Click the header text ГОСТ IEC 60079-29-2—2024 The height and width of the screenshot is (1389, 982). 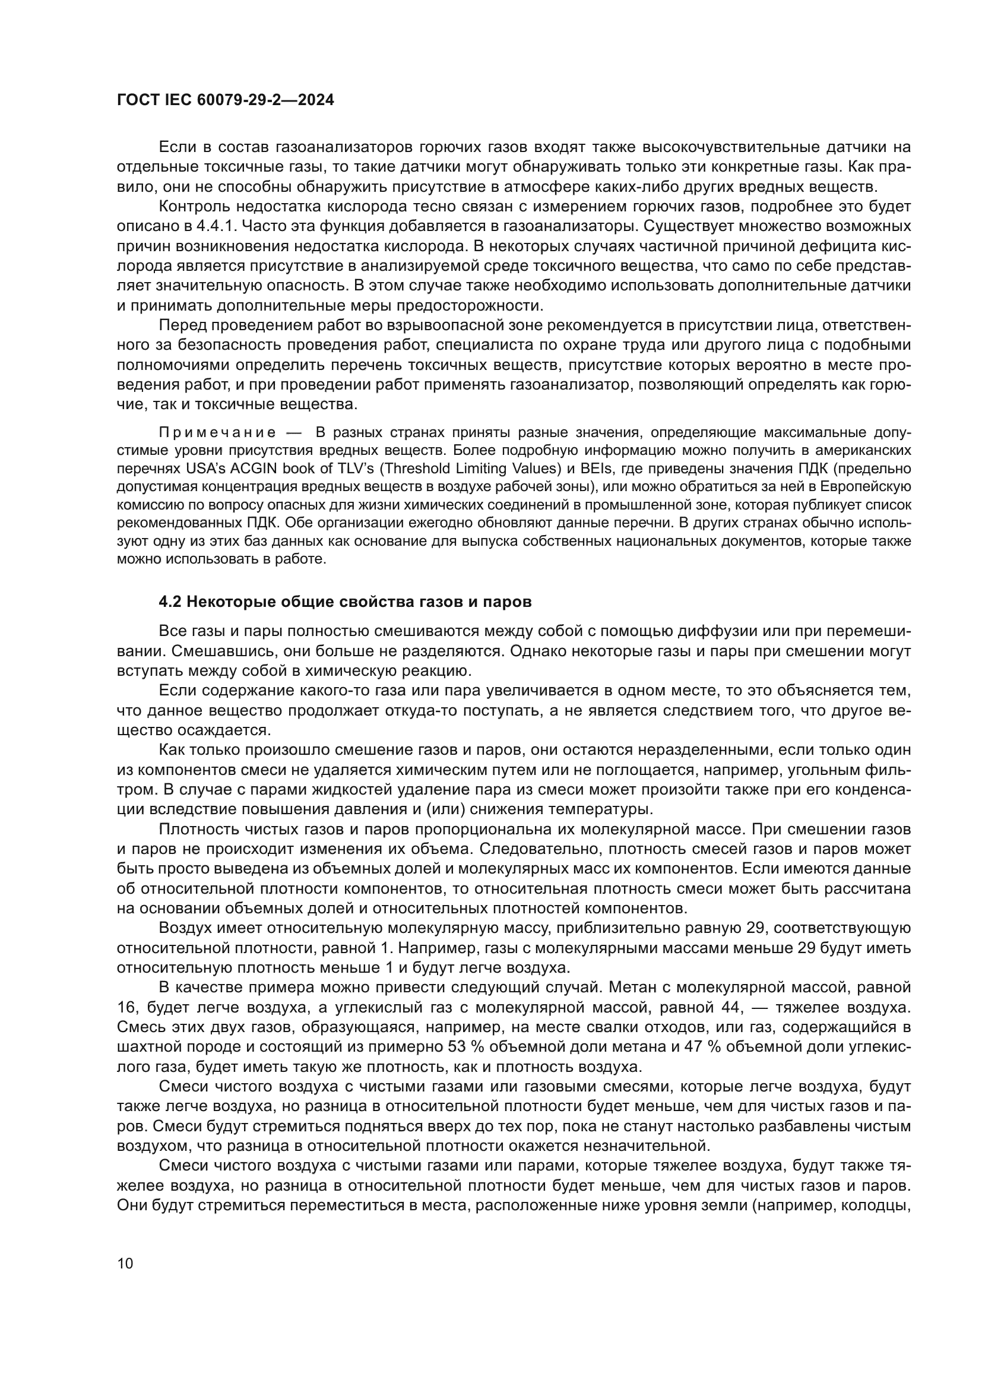[x=225, y=100]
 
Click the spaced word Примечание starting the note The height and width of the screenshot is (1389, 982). [x=217, y=432]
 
